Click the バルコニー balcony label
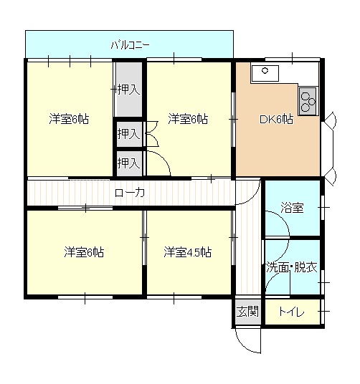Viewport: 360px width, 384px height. click(130, 45)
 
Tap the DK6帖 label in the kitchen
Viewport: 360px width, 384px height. click(276, 120)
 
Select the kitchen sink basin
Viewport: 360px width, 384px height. click(265, 73)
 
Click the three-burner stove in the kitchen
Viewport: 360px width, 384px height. click(308, 101)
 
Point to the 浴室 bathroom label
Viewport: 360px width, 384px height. click(292, 208)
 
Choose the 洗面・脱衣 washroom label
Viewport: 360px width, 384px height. click(292, 267)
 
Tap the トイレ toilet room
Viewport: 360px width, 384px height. click(293, 312)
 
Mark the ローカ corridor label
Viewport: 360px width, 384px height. click(130, 193)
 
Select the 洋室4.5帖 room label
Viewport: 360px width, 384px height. click(187, 252)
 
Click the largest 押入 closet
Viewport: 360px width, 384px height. click(128, 90)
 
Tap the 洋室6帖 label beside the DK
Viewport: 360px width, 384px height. click(187, 119)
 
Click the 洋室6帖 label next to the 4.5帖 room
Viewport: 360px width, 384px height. click(84, 252)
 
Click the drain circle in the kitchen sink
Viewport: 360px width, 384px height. click(265, 70)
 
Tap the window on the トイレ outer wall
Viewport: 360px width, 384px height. click(323, 312)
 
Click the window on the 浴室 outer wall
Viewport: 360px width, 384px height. click(323, 208)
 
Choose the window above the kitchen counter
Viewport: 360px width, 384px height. click(293, 59)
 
